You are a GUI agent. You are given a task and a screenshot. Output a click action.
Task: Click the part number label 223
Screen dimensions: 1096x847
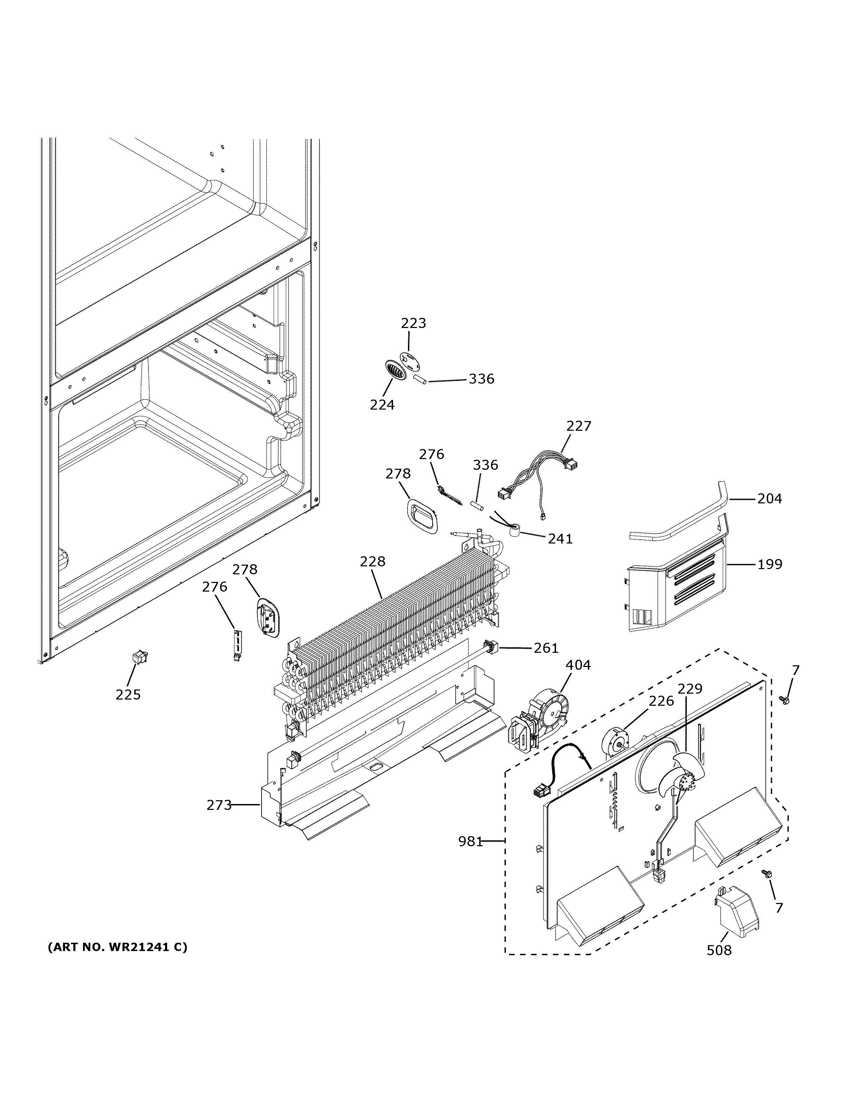413,323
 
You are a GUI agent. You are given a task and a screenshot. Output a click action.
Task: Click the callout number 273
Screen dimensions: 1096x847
219,805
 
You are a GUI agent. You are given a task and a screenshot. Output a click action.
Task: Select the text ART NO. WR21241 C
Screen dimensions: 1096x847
117,948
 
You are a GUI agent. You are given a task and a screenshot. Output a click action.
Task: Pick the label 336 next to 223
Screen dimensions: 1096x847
481,379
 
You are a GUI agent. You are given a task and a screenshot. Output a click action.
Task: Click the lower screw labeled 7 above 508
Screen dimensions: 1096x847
766,874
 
